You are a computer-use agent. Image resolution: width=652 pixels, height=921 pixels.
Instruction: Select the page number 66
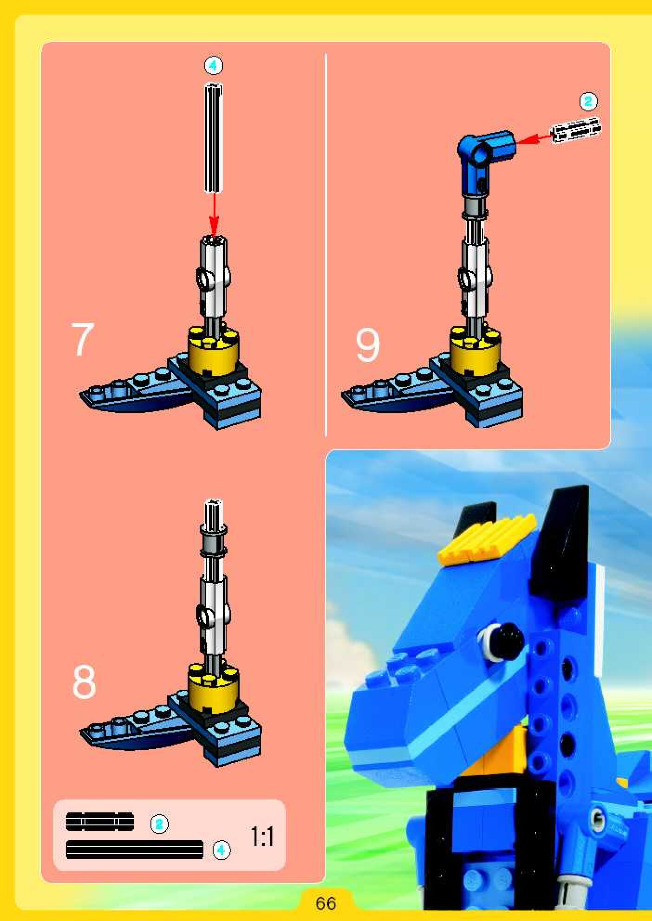[x=326, y=903]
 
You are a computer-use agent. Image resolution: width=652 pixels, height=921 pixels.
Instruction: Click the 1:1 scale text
[x=262, y=836]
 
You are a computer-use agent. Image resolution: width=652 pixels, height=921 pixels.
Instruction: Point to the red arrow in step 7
[x=214, y=214]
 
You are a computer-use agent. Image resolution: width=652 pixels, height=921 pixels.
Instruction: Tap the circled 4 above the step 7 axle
[x=213, y=66]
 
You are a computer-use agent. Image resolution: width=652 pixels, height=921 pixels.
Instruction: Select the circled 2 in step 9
[x=588, y=101]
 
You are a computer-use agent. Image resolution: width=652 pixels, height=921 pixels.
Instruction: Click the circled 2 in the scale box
[x=160, y=824]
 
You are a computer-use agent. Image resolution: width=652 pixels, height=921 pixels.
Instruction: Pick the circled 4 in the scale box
[x=221, y=850]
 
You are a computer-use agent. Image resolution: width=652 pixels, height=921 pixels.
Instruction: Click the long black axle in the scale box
[x=135, y=850]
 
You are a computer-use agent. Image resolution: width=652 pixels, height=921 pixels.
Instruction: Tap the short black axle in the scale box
[x=100, y=822]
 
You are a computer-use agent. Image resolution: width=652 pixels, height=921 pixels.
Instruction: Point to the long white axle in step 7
[x=213, y=137]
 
